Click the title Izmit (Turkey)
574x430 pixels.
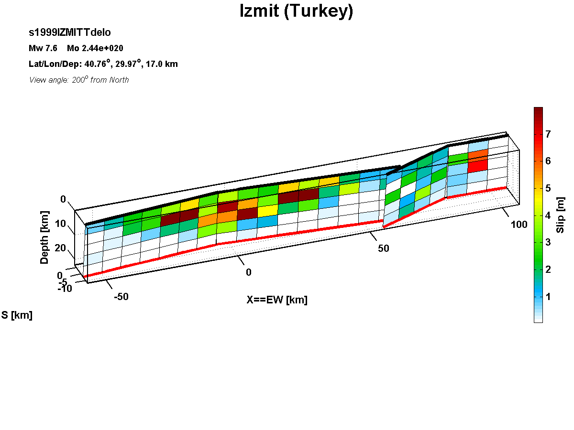[296, 11]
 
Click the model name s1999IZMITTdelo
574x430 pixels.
[70, 32]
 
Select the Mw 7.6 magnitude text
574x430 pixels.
[43, 48]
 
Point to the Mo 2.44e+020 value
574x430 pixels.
[95, 48]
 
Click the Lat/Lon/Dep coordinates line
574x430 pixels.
[103, 64]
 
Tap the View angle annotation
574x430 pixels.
[79, 80]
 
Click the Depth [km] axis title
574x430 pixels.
[44, 237]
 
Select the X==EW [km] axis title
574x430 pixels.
[277, 300]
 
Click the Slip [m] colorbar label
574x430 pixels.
[560, 215]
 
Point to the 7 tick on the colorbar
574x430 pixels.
[548, 134]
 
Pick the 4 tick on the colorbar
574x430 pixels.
[548, 215]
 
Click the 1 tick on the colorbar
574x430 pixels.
[548, 297]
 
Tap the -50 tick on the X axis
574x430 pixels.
[121, 297]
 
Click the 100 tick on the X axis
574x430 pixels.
[519, 225]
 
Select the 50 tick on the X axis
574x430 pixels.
[383, 248]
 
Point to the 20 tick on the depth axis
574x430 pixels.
[60, 248]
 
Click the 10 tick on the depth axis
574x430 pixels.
[60, 224]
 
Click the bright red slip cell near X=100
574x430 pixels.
[478, 164]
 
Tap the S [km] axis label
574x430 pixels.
[17, 315]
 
